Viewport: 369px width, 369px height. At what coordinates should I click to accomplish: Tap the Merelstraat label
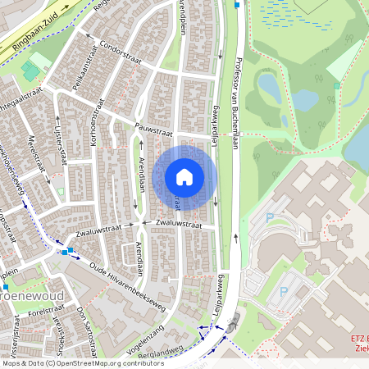pyautogui.click(x=34, y=153)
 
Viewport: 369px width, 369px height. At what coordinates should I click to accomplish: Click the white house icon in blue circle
pyautogui.click(x=184, y=176)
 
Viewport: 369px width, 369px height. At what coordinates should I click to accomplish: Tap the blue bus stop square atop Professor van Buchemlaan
pyautogui.click(x=237, y=5)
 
